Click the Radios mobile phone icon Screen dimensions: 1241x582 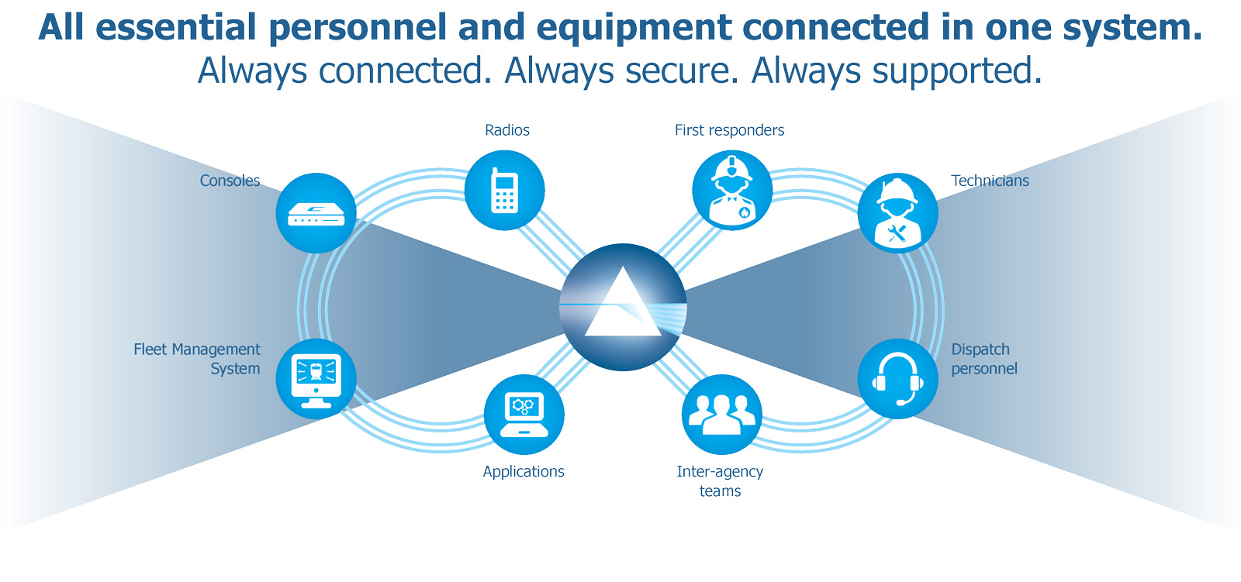(x=505, y=190)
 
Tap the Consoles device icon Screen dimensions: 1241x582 (x=316, y=213)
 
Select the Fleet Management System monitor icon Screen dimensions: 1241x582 (x=316, y=379)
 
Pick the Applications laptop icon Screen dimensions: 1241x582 (x=524, y=415)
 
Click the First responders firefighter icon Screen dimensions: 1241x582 (x=732, y=190)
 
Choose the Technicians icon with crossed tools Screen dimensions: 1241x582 (x=898, y=213)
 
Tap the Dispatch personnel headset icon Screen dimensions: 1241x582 (x=898, y=379)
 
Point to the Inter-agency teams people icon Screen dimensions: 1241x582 (x=722, y=415)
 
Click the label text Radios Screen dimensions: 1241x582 (x=507, y=130)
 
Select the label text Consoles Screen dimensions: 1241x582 (x=230, y=181)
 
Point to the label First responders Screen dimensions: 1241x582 (x=729, y=130)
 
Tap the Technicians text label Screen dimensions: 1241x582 (x=990, y=181)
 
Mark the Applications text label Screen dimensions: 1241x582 (x=524, y=471)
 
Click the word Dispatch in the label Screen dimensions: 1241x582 (x=980, y=350)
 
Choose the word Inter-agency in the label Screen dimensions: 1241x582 (x=720, y=471)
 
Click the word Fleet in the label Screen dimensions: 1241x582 (x=150, y=350)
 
